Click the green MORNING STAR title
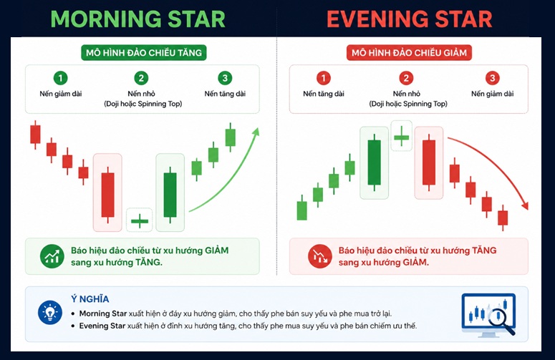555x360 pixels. coord(138,19)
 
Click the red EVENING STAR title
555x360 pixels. coord(409,19)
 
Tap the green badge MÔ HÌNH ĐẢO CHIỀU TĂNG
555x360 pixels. coord(144,53)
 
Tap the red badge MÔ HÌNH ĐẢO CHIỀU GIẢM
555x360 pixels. coord(409,53)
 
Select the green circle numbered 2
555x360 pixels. coord(141,78)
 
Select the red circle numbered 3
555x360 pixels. coord(493,78)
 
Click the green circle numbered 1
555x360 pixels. coord(61,78)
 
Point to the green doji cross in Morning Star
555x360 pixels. coord(140,221)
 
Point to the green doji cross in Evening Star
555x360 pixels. coord(401,137)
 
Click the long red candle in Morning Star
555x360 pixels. coord(108,195)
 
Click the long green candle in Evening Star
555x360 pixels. coord(374,162)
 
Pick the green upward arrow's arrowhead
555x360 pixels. coord(256,132)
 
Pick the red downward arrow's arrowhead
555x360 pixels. coord(525,205)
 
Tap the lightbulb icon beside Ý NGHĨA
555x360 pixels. coord(50,313)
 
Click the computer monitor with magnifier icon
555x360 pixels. coord(489,314)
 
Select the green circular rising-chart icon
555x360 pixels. coord(52,256)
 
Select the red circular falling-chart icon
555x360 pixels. coord(320,256)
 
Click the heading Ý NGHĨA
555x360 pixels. coord(90,299)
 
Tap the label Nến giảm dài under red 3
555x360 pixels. coord(493,94)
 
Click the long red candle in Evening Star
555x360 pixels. coord(429,162)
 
